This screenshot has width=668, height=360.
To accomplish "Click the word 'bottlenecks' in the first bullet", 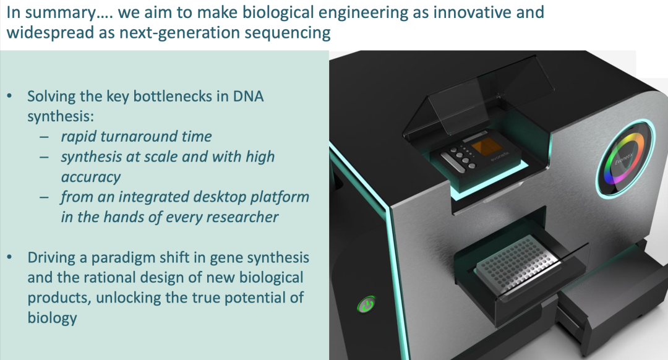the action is click(173, 96).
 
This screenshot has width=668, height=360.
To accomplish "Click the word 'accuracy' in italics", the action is click(91, 178).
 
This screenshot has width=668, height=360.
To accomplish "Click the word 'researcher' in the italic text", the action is click(243, 217).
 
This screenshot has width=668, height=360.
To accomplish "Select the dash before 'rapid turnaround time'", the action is click(45, 137).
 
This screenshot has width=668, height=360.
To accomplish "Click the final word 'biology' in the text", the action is click(52, 319).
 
